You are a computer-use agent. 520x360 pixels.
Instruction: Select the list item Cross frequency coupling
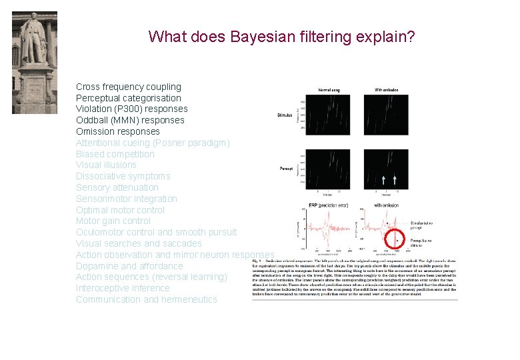pyautogui.click(x=128, y=87)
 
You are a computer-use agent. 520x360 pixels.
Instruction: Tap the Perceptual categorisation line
pyautogui.click(x=128, y=98)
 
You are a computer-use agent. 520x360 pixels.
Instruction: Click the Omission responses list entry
pyautogui.click(x=117, y=131)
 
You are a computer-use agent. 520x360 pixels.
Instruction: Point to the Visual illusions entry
pyautogui.click(x=106, y=165)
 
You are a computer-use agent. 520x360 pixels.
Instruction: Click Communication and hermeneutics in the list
pyautogui.click(x=146, y=299)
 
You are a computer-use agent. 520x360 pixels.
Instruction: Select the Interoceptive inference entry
pyautogui.click(x=123, y=288)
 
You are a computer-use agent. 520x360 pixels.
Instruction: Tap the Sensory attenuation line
pyautogui.click(x=117, y=187)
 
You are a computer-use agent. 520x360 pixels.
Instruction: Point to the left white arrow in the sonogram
pyautogui.click(x=383, y=179)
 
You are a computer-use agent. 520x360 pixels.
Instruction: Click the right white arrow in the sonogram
pyautogui.click(x=395, y=179)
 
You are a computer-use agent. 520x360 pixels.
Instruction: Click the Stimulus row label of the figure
pyautogui.click(x=285, y=115)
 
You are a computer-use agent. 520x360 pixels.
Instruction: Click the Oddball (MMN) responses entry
pyautogui.click(x=130, y=120)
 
